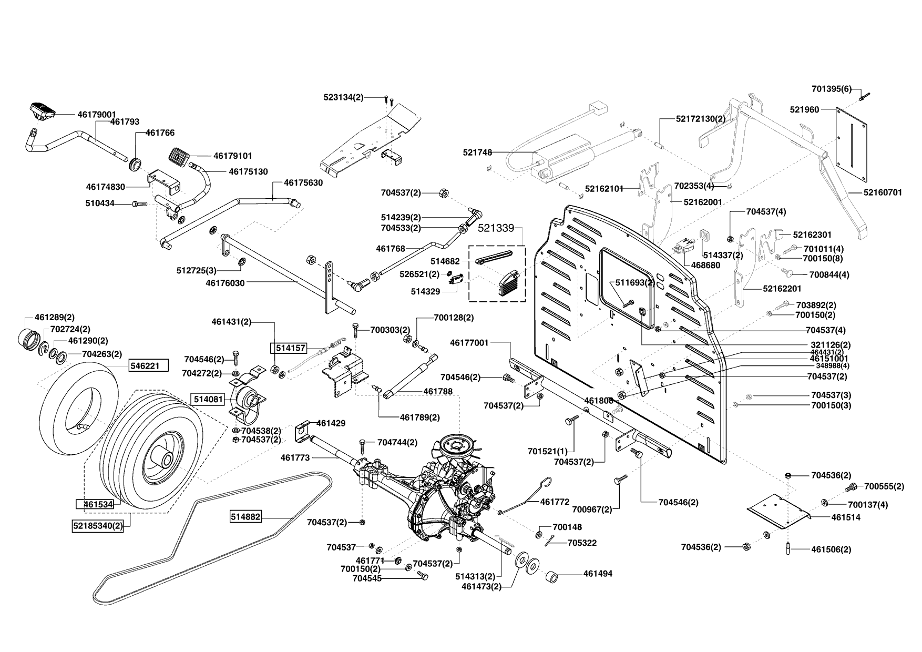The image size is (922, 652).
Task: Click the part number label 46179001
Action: [x=97, y=114]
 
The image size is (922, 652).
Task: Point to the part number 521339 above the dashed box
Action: [x=496, y=228]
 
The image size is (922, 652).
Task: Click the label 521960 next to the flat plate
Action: [x=804, y=109]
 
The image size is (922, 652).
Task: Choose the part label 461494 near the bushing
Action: [x=598, y=574]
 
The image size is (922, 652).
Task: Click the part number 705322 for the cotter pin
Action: [x=582, y=543]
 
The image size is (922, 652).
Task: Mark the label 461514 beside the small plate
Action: [x=846, y=517]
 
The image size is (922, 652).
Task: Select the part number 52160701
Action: [x=883, y=193]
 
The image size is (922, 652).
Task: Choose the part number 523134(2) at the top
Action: [x=343, y=97]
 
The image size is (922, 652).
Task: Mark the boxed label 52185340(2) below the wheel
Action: [x=98, y=525]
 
